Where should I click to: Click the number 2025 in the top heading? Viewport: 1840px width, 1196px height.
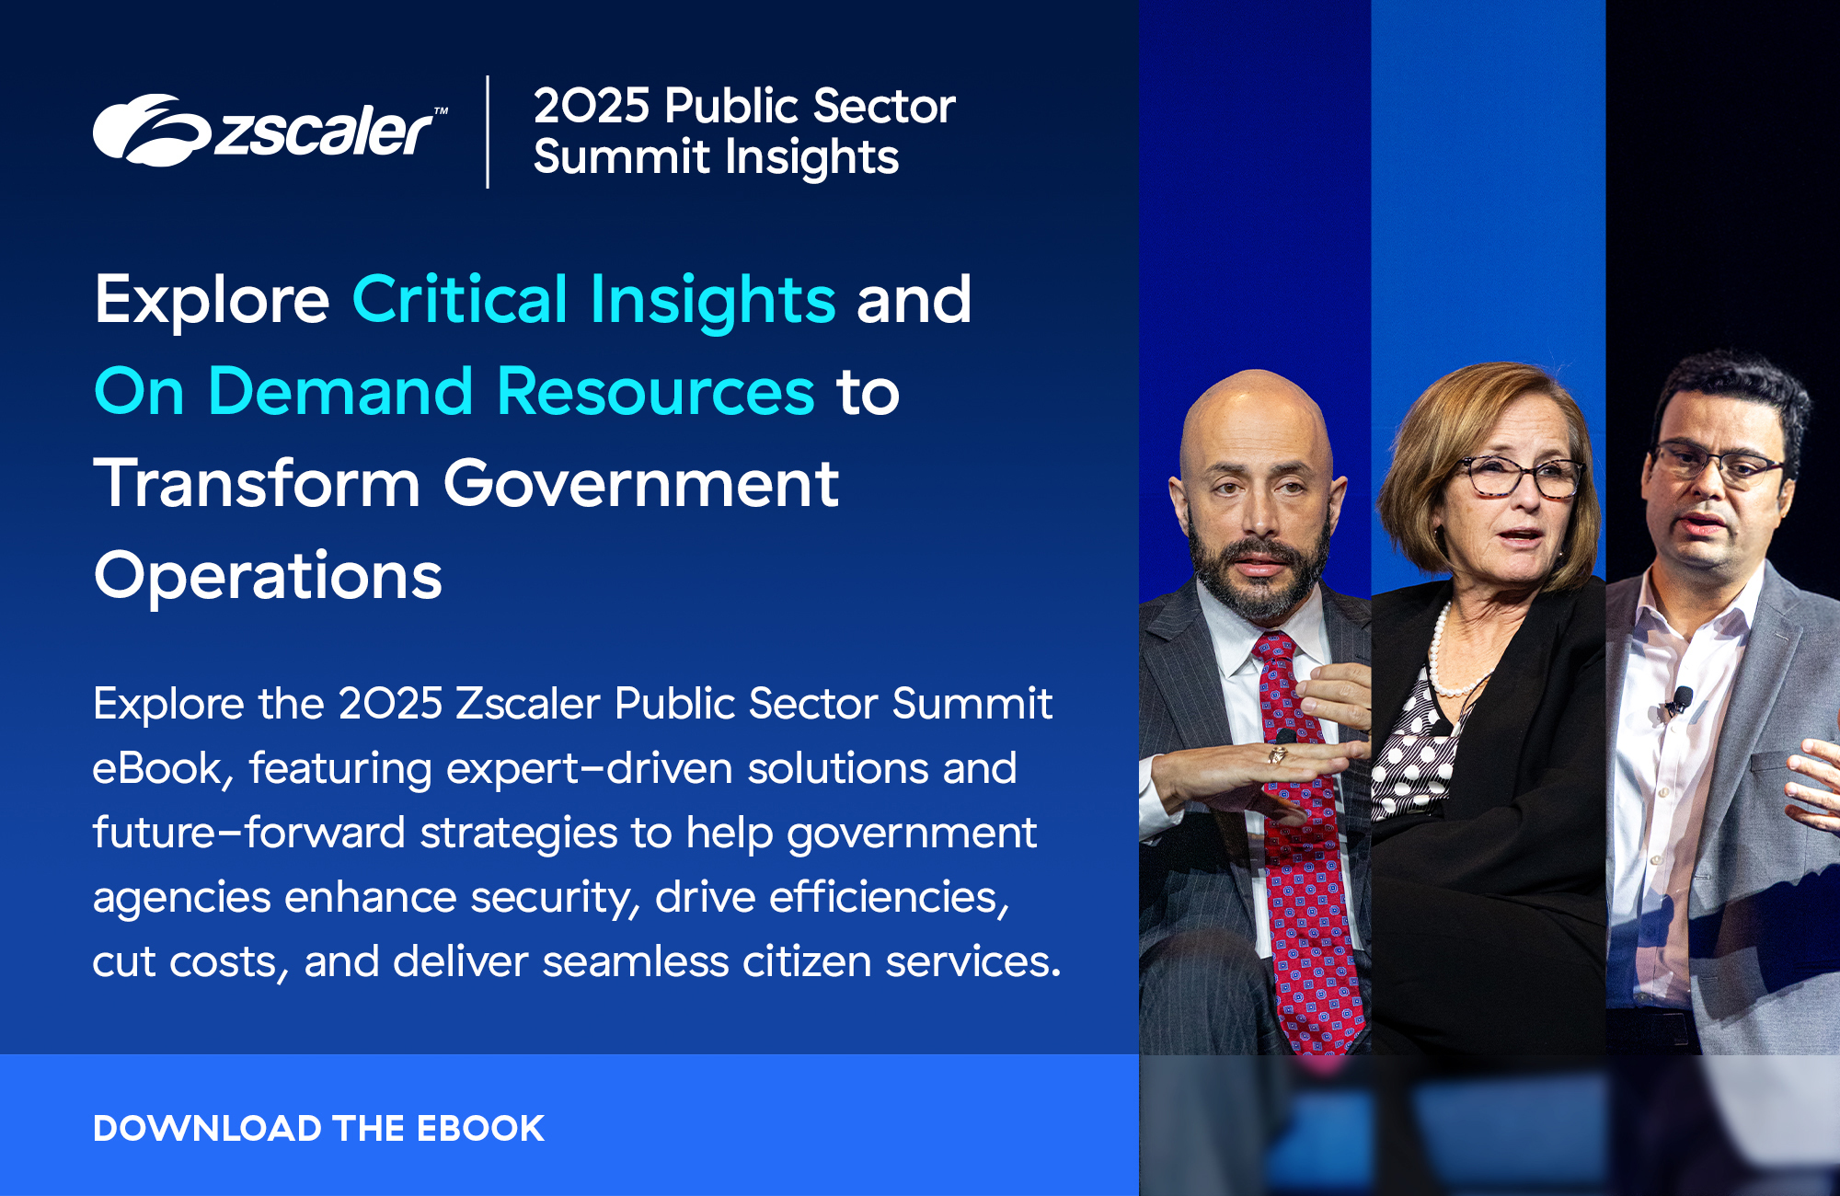tap(592, 106)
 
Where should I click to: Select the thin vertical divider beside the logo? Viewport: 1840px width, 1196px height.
tap(488, 132)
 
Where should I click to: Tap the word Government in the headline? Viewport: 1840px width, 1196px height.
tap(640, 483)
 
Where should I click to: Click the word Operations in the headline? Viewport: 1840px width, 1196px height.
tap(268, 576)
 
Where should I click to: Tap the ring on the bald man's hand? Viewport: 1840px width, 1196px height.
tap(1278, 755)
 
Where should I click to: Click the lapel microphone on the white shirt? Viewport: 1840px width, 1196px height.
tap(1682, 699)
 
